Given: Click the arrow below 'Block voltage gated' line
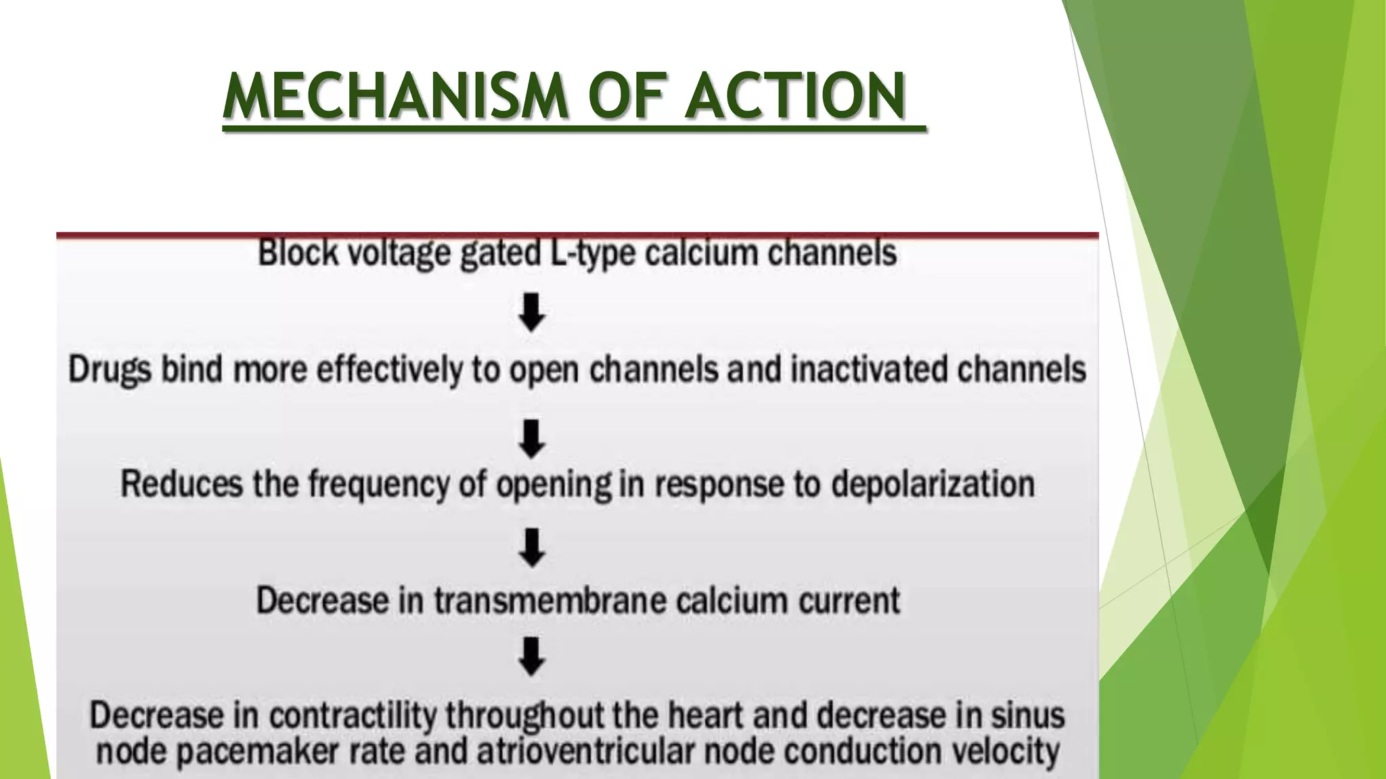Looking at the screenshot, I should [x=532, y=312].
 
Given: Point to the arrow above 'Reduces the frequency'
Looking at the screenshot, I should [x=532, y=438].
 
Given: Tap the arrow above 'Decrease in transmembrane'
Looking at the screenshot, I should [x=532, y=547].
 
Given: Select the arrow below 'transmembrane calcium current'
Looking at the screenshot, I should [x=532, y=657].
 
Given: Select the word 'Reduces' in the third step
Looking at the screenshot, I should [x=181, y=485].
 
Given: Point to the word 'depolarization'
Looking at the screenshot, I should [x=933, y=485].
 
